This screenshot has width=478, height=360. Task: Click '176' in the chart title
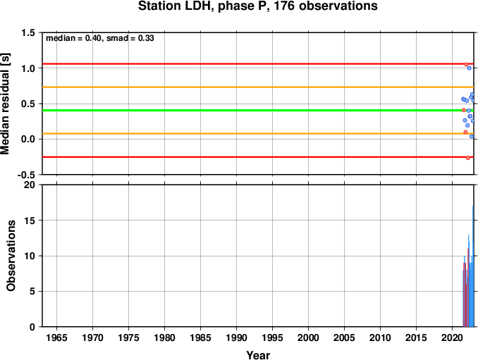[284, 6]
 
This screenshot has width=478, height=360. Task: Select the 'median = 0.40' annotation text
[74, 38]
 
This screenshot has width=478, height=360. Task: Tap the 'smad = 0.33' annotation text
[130, 38]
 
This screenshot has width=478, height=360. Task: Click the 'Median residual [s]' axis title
[5, 104]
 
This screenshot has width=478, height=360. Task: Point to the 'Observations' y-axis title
[11, 256]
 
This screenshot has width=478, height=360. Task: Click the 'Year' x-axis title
[258, 355]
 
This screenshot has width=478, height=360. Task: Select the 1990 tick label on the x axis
[236, 337]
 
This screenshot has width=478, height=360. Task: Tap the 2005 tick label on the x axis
[344, 337]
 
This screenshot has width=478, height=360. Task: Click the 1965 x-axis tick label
[56, 337]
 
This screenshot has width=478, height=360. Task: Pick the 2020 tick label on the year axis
[452, 337]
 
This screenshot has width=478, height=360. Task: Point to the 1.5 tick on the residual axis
[28, 32]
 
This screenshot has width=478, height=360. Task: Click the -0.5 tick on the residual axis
[27, 175]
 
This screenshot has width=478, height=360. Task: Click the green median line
[258, 110]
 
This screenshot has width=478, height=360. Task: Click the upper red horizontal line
[258, 64]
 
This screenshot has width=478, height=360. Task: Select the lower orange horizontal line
[258, 134]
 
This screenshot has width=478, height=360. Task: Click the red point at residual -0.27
[468, 158]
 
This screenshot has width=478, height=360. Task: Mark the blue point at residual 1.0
[469, 68]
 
